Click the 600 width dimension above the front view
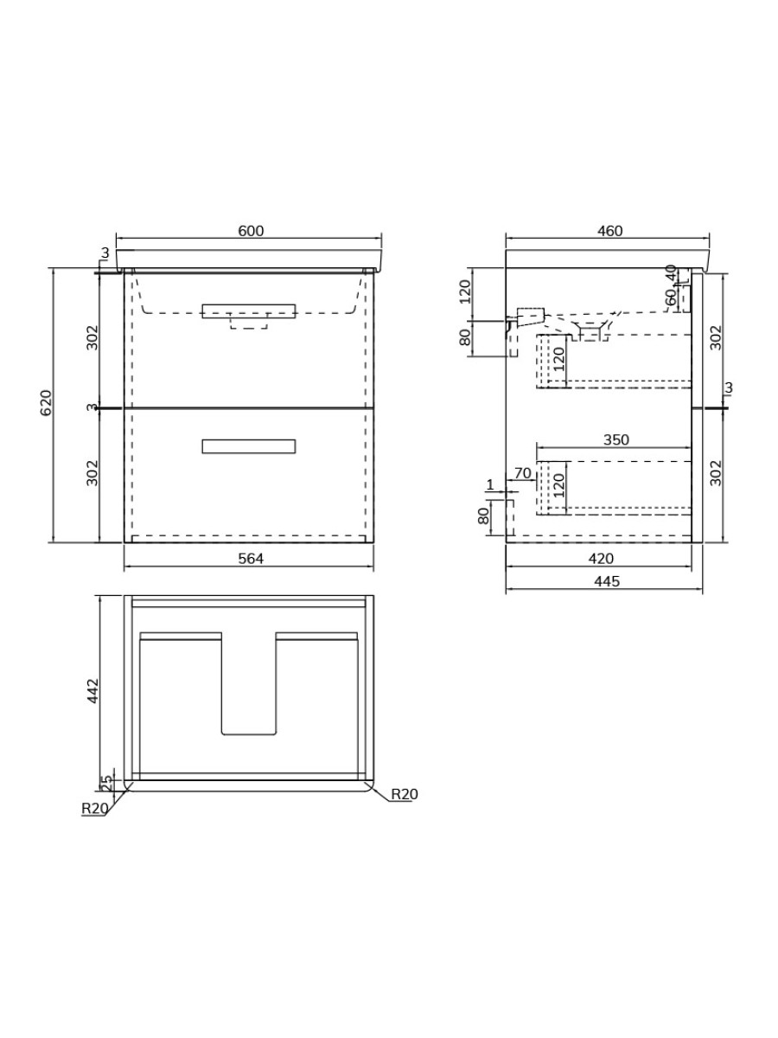pyautogui.click(x=250, y=231)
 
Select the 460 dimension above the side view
pyautogui.click(x=609, y=231)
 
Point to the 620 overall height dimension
pyautogui.click(x=47, y=404)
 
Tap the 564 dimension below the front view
pyautogui.click(x=250, y=559)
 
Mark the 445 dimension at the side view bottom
pyautogui.click(x=608, y=581)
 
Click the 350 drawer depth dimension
pyautogui.click(x=615, y=439)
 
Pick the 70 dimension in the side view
pyautogui.click(x=522, y=473)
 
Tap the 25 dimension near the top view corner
pyautogui.click(x=107, y=782)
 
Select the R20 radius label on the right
pyautogui.click(x=405, y=794)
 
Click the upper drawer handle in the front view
pyautogui.click(x=249, y=311)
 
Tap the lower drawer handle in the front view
pyautogui.click(x=249, y=446)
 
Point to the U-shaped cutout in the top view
pyautogui.click(x=249, y=692)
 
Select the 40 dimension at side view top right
pyautogui.click(x=671, y=272)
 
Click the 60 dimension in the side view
pyautogui.click(x=671, y=296)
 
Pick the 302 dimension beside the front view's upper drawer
pyautogui.click(x=93, y=337)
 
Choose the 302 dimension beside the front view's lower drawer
pyautogui.click(x=93, y=472)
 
